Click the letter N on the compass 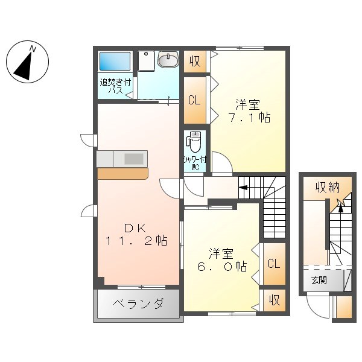(x=33, y=49)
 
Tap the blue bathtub (x=115, y=62)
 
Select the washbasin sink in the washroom (x=168, y=59)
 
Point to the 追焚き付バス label (x=115, y=86)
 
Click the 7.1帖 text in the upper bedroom (x=249, y=118)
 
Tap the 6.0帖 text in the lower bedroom (x=222, y=267)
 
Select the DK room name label (x=135, y=228)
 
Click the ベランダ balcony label (x=139, y=303)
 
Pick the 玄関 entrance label (x=319, y=281)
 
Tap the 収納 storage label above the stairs (x=328, y=188)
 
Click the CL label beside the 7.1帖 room (x=194, y=100)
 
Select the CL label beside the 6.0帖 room (x=274, y=264)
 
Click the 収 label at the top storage (x=195, y=61)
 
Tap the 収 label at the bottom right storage (x=275, y=300)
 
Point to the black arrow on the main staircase (x=243, y=188)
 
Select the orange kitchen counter (x=122, y=174)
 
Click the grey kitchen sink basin (x=134, y=159)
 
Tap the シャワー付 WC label (x=195, y=164)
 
